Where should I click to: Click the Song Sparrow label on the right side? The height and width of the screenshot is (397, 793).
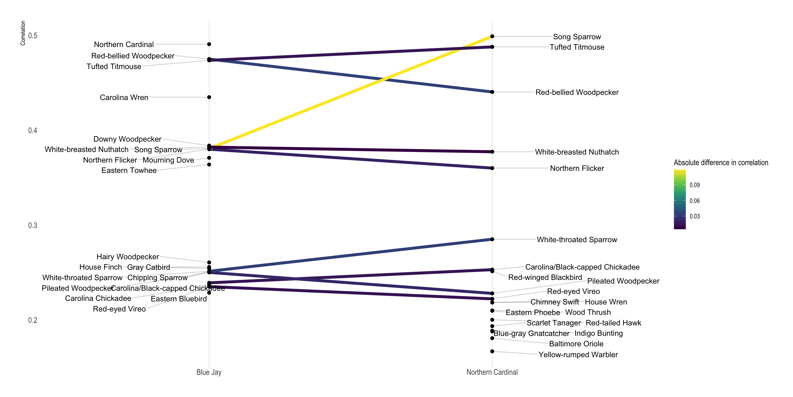point(577,37)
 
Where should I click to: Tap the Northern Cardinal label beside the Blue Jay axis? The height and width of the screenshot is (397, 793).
point(124,44)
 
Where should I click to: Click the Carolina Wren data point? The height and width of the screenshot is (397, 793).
point(209,97)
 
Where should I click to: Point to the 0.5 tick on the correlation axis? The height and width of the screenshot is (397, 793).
point(33,36)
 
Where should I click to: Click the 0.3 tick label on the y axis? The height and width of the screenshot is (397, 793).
point(33,225)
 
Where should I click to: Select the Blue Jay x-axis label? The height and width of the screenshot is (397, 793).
point(209,372)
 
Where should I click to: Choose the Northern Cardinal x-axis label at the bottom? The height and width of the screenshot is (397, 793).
point(492,372)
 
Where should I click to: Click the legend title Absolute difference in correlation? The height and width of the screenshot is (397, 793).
point(721,162)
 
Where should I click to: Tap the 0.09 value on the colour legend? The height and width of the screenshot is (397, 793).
point(694,185)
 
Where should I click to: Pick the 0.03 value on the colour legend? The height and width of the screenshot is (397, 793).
point(694,216)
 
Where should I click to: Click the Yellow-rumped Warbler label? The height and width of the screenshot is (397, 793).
point(578,354)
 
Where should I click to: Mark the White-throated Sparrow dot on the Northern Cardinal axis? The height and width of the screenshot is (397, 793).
point(492,239)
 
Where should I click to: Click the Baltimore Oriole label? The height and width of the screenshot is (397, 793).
point(576,344)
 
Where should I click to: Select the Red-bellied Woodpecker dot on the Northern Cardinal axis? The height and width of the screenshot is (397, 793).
point(492,92)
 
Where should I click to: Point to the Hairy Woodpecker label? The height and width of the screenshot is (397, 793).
point(128,257)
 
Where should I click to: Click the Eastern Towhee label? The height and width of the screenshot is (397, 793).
point(129,170)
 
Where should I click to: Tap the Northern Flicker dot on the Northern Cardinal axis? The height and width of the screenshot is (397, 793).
point(492,168)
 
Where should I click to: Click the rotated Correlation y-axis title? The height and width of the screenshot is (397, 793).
point(23,33)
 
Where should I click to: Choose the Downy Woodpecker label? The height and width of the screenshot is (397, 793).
point(127,139)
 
